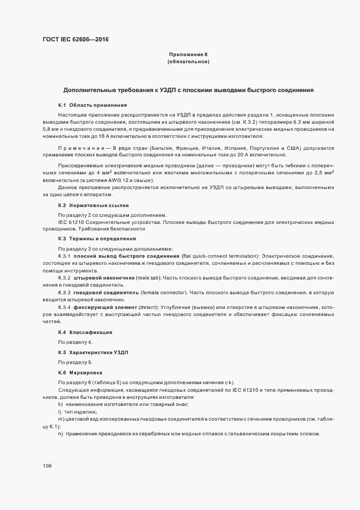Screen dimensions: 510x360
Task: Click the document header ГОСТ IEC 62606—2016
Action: [x=76, y=39]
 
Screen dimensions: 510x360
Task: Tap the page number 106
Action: [x=47, y=466]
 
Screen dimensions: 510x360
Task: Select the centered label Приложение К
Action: [x=188, y=54]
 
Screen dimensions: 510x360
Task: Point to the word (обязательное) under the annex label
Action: [x=188, y=62]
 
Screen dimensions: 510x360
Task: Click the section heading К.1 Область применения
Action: [x=93, y=105]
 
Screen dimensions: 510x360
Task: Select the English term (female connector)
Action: [x=164, y=293]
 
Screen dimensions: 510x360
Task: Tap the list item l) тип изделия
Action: [x=74, y=412]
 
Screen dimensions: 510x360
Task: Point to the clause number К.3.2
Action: [x=64, y=278]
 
